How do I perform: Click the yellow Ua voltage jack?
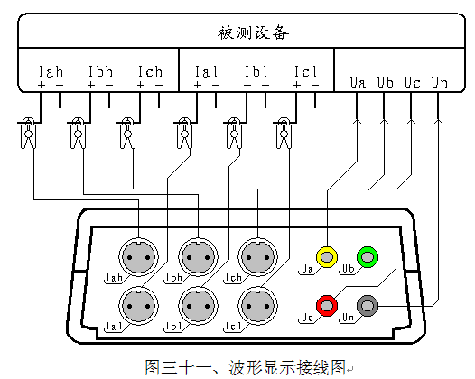[x=326, y=256]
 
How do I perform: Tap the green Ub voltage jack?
[x=367, y=256]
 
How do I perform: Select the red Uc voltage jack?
[x=326, y=305]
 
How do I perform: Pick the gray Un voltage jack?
[x=368, y=305]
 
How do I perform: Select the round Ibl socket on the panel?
[x=195, y=302]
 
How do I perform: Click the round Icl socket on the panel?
[x=256, y=302]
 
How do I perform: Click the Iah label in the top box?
[x=51, y=70]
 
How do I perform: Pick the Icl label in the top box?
[x=306, y=70]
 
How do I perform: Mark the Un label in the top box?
[x=439, y=83]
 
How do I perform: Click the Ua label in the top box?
[x=359, y=83]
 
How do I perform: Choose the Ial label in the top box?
[x=206, y=70]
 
